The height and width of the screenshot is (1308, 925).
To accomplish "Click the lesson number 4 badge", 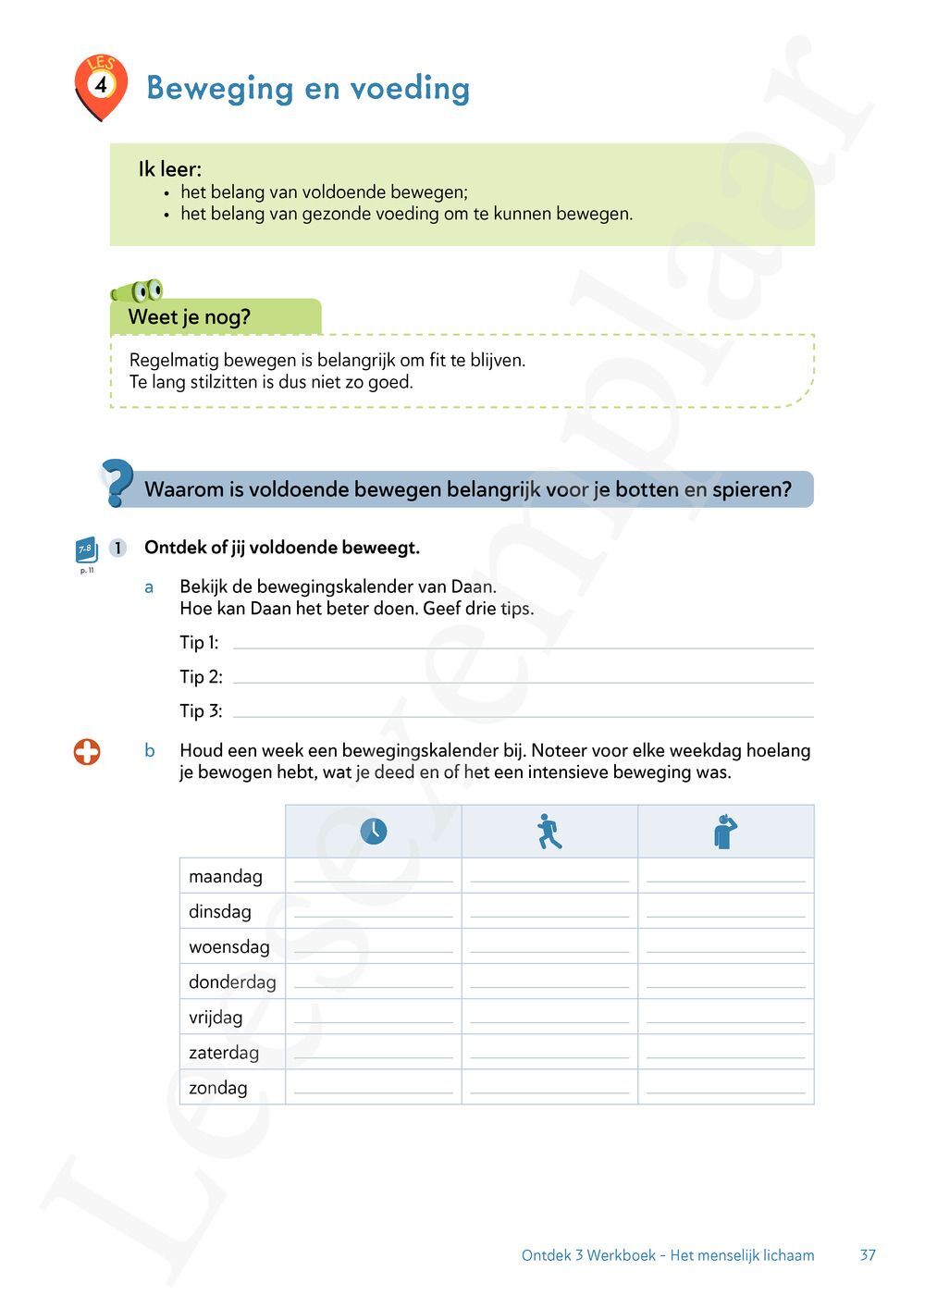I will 100,85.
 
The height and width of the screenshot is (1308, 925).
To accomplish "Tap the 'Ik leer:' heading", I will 169,169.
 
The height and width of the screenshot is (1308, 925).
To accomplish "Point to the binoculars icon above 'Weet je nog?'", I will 138,291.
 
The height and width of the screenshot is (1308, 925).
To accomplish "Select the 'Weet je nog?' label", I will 190,317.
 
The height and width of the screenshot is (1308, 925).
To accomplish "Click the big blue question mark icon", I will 117,483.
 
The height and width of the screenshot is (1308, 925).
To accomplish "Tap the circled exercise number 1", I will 117,548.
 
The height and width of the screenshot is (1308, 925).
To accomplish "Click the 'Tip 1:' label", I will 199,643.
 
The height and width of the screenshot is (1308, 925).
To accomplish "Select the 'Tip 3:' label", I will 201,711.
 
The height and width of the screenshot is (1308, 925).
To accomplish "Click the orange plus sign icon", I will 87,752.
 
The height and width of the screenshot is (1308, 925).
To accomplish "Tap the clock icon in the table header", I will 373,831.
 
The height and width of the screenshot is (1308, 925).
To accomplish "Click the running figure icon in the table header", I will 549,832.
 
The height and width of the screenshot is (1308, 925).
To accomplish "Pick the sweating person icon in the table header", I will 725,831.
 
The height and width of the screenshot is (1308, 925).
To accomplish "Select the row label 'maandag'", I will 226,876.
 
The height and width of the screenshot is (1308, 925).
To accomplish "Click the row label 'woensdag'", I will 229,947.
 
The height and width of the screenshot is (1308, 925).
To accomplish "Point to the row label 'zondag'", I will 218,1088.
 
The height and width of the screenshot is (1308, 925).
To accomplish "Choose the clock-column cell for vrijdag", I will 373,1017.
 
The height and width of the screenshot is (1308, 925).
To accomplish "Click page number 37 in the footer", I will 868,1255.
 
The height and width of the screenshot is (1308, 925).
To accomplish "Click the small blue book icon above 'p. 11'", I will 86,550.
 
